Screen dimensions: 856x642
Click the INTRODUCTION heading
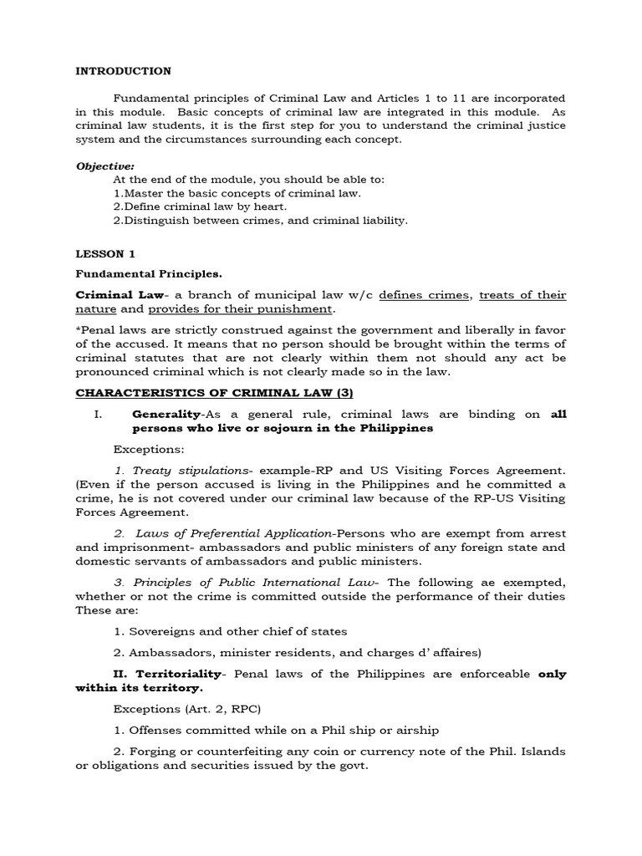[123, 71]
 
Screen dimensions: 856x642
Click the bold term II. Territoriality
[167, 673]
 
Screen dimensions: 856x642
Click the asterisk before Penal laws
[79, 330]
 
